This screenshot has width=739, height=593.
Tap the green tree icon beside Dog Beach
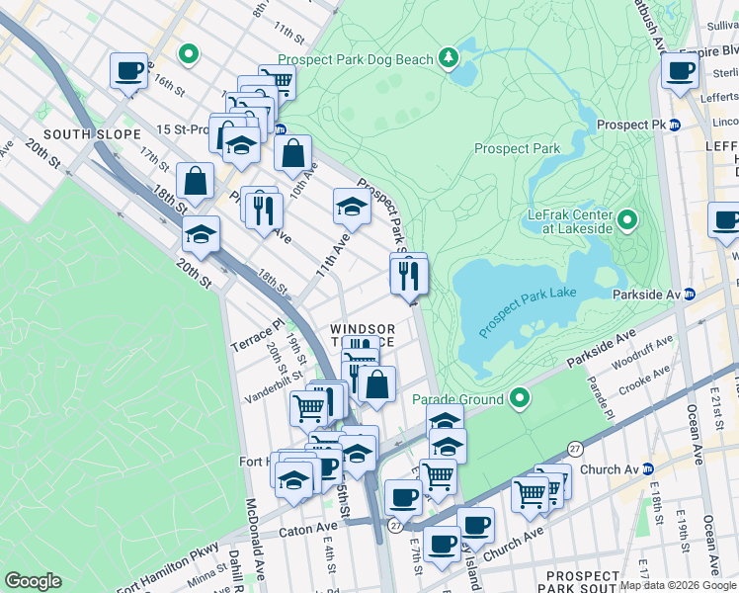450,57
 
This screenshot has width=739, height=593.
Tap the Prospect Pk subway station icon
675,126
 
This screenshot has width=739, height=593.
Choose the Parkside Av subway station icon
690,294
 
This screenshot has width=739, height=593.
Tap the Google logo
34,580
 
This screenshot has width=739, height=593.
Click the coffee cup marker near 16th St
128,72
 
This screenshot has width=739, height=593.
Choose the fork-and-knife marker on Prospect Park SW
408,275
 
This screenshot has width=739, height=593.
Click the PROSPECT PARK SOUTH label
583,582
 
